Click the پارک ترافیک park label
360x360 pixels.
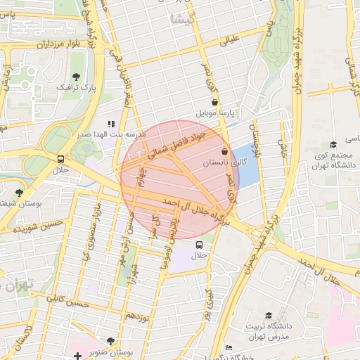(x=76, y=88)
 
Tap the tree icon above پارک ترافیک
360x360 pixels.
(x=76, y=76)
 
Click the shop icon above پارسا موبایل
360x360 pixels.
(x=214, y=103)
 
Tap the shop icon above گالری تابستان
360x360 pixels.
(x=224, y=151)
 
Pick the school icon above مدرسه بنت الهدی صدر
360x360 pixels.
(x=111, y=123)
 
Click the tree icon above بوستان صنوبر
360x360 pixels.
(x=108, y=341)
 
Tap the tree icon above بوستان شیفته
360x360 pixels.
(x=19, y=193)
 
